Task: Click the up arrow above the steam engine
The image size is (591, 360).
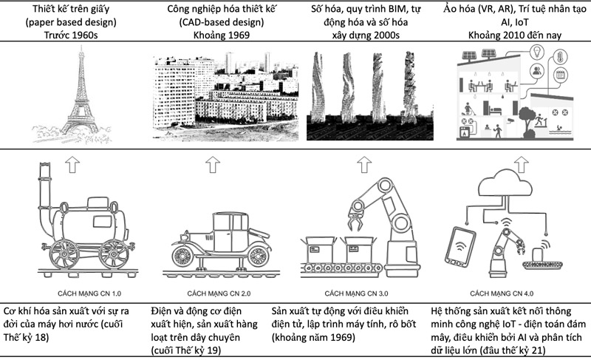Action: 72,163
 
